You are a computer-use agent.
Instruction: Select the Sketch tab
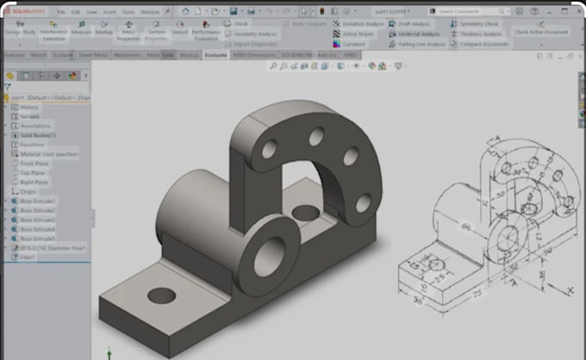pos(38,54)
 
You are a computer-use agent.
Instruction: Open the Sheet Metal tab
pos(93,54)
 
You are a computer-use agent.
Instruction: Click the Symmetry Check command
pos(477,24)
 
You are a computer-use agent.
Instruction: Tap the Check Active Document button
pos(540,32)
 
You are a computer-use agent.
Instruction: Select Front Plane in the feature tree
pos(34,164)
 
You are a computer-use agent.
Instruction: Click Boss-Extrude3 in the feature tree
pos(38,220)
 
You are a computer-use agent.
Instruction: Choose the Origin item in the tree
pos(28,191)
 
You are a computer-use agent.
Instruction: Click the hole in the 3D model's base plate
pos(160,295)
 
